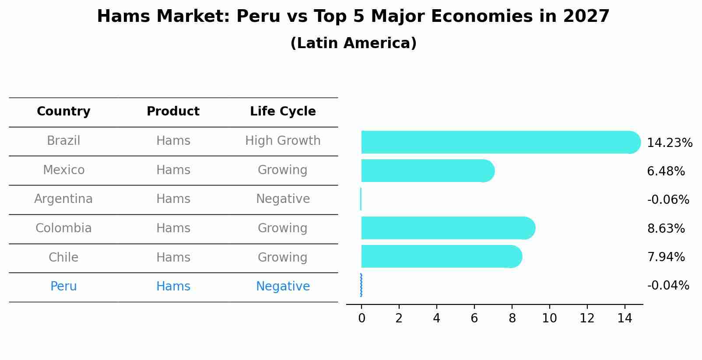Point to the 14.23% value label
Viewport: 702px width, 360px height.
click(669, 143)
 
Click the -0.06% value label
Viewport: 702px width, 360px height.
click(668, 200)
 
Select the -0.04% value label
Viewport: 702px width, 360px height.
click(668, 286)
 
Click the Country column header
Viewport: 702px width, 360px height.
click(63, 112)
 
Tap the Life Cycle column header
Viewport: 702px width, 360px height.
click(283, 112)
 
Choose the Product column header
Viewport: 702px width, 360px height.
click(173, 112)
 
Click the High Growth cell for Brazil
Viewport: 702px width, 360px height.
click(283, 141)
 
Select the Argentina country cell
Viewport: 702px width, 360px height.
click(63, 199)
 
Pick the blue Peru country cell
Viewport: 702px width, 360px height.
click(63, 287)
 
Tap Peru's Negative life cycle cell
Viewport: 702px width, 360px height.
click(283, 287)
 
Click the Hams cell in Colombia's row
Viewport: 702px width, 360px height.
click(173, 228)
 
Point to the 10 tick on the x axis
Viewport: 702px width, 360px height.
click(549, 318)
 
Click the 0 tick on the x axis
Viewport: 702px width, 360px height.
click(362, 318)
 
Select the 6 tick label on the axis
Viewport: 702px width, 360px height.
click(474, 318)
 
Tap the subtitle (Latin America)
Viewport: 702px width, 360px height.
click(353, 43)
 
